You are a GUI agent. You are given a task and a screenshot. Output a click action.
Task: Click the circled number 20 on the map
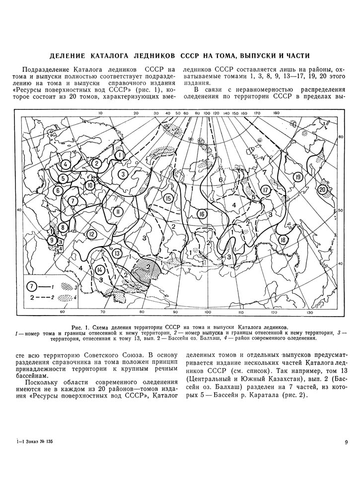point(323,189)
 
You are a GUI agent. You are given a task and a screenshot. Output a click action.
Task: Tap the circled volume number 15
point(168,199)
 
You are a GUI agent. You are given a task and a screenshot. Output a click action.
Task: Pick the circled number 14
point(100,270)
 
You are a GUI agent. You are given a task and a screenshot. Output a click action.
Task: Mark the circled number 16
point(201,214)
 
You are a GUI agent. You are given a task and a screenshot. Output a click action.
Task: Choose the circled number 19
point(297,177)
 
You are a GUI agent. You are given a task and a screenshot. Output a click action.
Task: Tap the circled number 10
point(90,185)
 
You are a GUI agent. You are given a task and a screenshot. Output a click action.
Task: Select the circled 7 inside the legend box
point(31,287)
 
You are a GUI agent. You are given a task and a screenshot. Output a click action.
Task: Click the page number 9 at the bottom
point(346,442)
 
